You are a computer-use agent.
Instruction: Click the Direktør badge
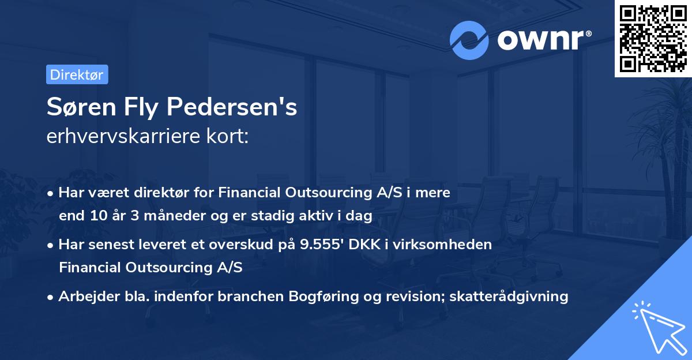pyautogui.click(x=77, y=74)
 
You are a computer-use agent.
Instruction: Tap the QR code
pyautogui.click(x=653, y=38)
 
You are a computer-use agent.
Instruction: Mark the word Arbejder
pyautogui.click(x=85, y=296)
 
